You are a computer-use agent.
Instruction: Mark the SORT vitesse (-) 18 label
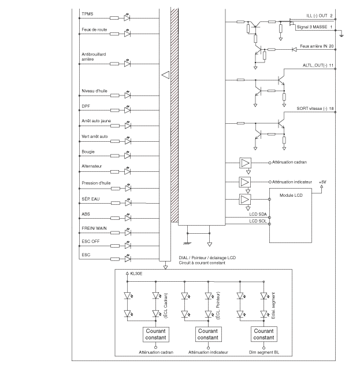point(315,109)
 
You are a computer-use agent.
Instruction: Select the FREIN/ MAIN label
point(94,229)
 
